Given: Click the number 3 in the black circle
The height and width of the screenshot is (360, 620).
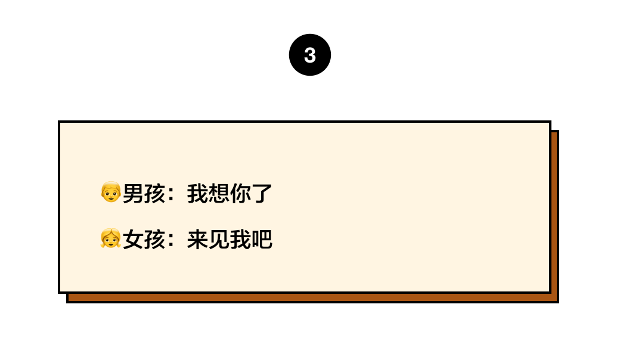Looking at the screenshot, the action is [x=310, y=55].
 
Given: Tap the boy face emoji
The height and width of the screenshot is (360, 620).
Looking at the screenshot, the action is [x=111, y=192].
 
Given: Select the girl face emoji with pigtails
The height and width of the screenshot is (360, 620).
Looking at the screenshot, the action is [x=111, y=238].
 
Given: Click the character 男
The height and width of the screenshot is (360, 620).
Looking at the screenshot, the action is [x=134, y=194].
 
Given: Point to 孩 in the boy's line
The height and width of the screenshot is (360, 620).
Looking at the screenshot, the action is [x=154, y=194].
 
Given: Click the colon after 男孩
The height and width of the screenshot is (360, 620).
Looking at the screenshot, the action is [x=171, y=194].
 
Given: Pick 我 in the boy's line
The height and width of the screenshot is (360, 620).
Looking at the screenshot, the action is [x=198, y=194].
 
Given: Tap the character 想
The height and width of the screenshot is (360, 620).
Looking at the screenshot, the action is [x=219, y=194].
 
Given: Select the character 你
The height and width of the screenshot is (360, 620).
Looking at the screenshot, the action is [x=240, y=194].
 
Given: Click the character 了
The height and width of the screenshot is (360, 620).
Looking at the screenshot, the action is [x=262, y=194].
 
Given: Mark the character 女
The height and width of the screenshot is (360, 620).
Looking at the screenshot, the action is [x=134, y=240].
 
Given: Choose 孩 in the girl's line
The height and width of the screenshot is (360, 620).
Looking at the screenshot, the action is [x=154, y=240].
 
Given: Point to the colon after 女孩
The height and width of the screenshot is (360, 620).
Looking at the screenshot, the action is [x=171, y=240].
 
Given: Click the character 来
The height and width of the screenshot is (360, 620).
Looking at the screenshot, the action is [x=198, y=240].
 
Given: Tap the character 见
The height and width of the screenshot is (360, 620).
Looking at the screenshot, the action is [x=219, y=240].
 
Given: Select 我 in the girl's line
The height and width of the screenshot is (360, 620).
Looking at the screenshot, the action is [x=240, y=240].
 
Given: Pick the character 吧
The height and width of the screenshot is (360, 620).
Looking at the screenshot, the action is [x=262, y=240].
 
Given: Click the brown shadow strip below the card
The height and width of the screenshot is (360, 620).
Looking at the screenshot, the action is [x=312, y=298].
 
